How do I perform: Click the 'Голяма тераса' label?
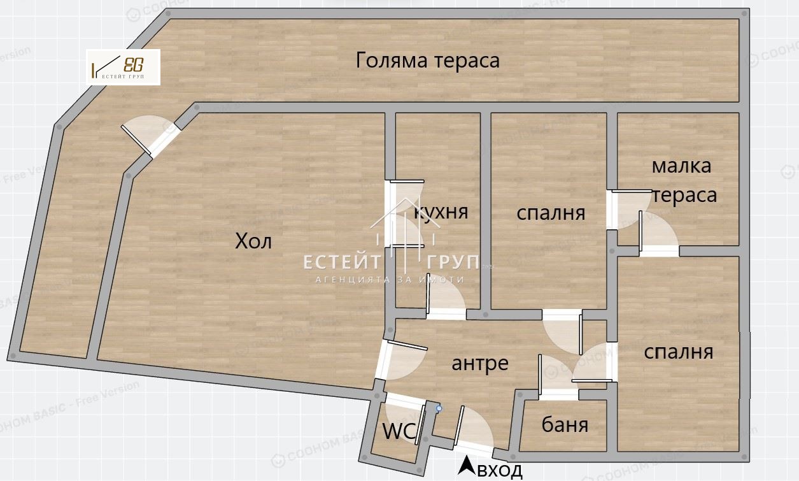[428, 61]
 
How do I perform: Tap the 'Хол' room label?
[253, 241]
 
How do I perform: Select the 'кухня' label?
[441, 211]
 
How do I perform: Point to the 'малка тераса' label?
[683, 180]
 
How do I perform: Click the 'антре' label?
[480, 363]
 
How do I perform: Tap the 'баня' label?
[565, 425]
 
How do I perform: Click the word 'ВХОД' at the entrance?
[500, 471]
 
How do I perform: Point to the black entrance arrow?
[467, 466]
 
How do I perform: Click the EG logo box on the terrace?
[124, 67]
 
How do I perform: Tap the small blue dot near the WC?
[439, 408]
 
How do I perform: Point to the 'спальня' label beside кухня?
[551, 213]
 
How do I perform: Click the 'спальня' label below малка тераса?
[678, 352]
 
